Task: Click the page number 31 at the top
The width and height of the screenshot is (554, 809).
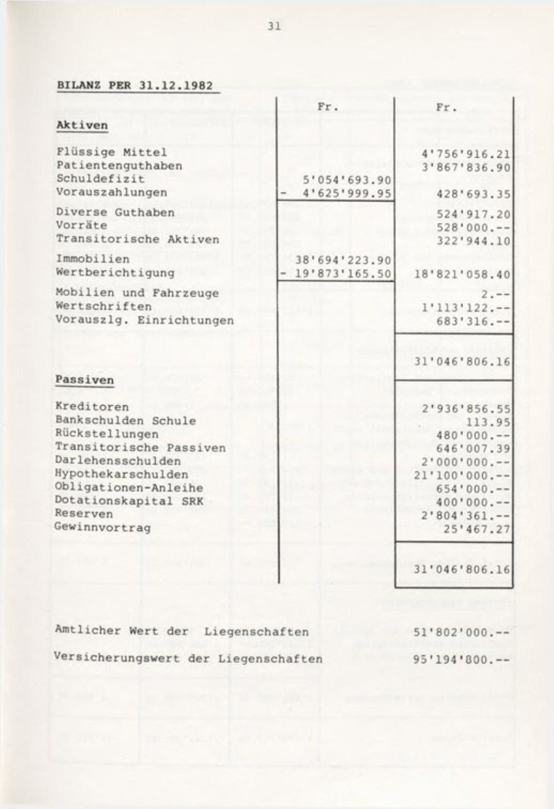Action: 274,27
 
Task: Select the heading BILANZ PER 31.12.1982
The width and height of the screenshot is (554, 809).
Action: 135,85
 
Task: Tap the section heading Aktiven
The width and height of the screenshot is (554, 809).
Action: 82,125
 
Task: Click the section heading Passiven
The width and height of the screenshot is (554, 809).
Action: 84,380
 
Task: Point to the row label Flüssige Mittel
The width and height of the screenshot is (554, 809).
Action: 111,152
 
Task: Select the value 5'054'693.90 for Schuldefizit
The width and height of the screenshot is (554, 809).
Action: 347,180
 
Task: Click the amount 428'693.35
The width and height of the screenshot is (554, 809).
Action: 473,194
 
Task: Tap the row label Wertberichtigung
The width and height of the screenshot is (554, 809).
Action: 115,273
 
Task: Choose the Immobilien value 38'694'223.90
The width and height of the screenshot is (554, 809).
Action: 343,260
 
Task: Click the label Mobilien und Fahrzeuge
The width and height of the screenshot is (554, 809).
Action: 137,293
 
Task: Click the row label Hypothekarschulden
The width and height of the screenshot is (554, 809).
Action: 122,474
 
